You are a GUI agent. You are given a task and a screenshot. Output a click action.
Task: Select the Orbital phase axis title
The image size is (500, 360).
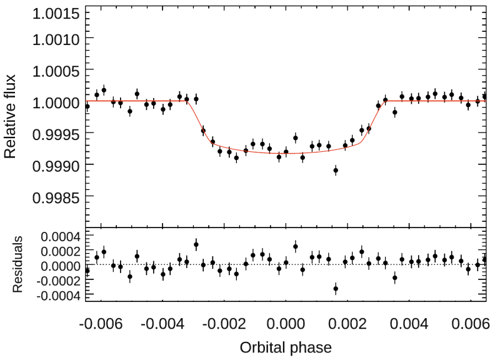pyautogui.click(x=286, y=346)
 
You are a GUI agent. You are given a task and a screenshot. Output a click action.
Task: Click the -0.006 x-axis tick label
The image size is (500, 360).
pyautogui.click(x=100, y=324)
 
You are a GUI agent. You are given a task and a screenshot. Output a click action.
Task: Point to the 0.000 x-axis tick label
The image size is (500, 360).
pyautogui.click(x=286, y=324)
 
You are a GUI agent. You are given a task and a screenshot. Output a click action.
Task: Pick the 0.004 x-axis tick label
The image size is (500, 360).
pyautogui.click(x=410, y=324)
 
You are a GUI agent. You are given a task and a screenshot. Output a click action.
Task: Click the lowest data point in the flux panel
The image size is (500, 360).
pyautogui.click(x=336, y=170)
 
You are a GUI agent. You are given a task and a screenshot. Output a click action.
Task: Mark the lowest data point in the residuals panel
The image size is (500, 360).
pyautogui.click(x=336, y=288)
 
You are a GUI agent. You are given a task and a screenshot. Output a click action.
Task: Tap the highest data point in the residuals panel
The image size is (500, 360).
pyautogui.click(x=196, y=245)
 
